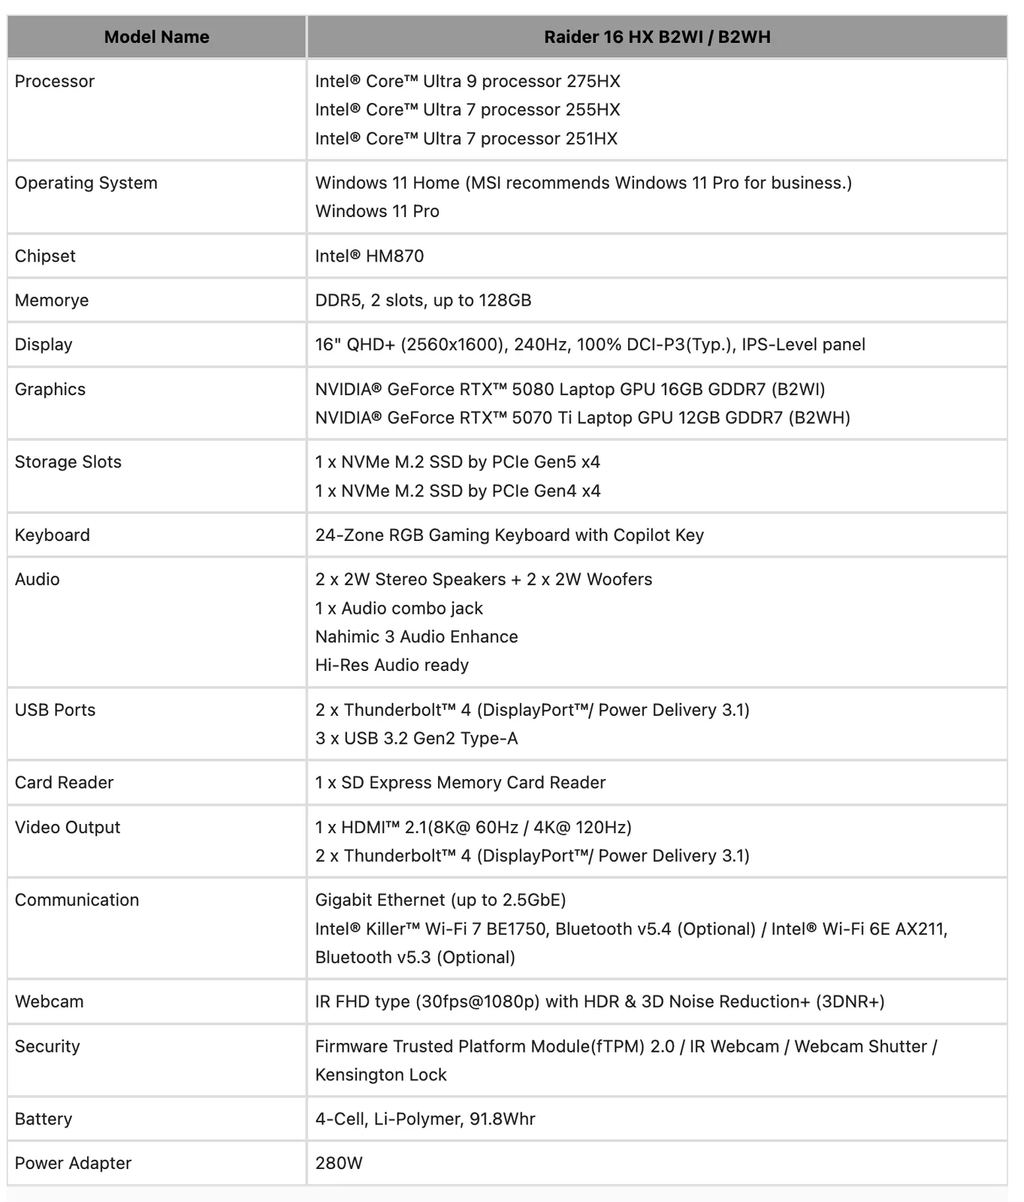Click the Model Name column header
click(x=156, y=37)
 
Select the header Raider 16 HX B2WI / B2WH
click(x=657, y=37)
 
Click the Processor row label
click(x=55, y=81)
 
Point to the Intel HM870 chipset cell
click(x=369, y=256)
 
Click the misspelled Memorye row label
click(x=52, y=300)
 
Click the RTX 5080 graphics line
click(x=569, y=389)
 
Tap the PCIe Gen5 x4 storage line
click(x=458, y=462)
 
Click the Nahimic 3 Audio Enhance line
click(x=416, y=637)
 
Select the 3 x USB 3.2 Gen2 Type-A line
click(x=416, y=738)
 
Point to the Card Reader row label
click(x=64, y=783)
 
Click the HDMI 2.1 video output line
click(x=473, y=827)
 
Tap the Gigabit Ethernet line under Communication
click(x=440, y=900)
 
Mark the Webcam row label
click(x=49, y=1001)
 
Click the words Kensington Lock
click(x=381, y=1075)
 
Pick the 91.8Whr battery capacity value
click(x=502, y=1119)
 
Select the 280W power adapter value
click(x=339, y=1164)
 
